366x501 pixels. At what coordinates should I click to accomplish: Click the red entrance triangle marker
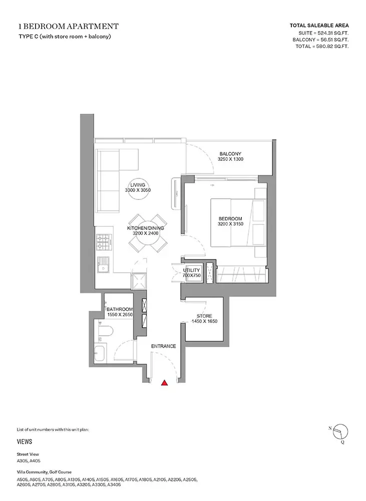164,382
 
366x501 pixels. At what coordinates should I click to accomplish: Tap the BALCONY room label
230,154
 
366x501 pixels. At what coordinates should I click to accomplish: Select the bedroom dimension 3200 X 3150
231,224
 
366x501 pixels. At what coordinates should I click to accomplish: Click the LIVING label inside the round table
138,185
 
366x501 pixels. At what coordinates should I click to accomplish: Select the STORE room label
204,316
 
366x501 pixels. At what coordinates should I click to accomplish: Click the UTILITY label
191,271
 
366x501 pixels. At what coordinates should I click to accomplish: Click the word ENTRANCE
164,346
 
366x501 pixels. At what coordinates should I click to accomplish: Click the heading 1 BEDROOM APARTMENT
69,26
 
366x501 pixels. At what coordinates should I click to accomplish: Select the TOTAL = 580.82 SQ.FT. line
322,46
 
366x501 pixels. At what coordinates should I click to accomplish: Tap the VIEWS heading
25,441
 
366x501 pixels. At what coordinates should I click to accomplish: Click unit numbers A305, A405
29,461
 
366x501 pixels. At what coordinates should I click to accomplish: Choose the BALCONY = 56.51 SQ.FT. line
320,40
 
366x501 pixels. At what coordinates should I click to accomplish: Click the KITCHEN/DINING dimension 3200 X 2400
146,233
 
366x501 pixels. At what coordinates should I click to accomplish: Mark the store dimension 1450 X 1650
204,321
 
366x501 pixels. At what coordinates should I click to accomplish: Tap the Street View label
28,454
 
